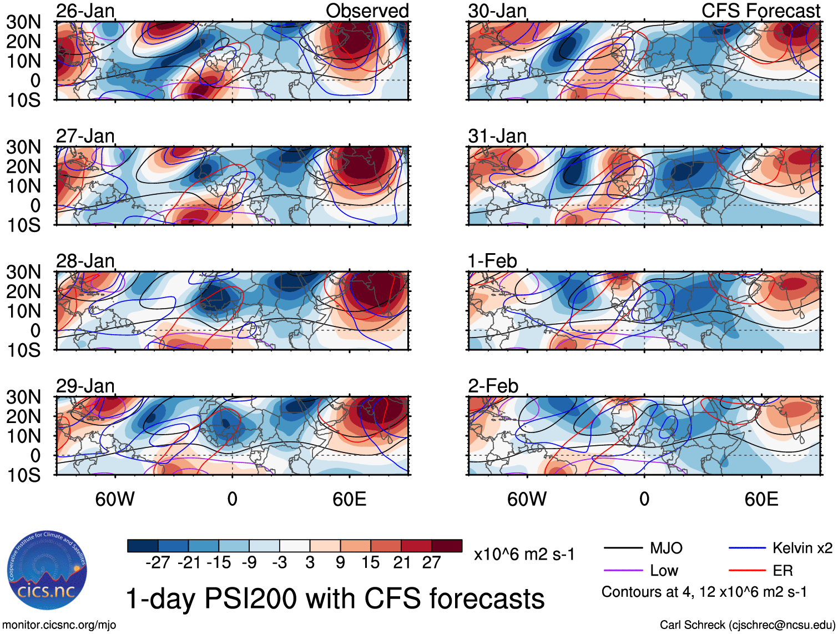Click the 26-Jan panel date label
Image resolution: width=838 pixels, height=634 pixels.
(85, 11)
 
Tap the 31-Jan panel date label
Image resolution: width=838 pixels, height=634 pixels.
(497, 136)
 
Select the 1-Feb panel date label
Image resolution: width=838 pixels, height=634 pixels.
(492, 261)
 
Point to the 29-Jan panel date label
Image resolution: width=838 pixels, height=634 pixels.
(85, 386)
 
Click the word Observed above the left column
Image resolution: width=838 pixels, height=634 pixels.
(367, 11)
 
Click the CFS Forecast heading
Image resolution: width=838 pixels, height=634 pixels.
(760, 11)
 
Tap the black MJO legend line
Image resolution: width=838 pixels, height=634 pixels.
(623, 549)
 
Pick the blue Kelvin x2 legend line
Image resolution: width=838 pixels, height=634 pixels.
(747, 549)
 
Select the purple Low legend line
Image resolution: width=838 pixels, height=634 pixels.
(623, 571)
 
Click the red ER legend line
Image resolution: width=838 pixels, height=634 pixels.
(747, 571)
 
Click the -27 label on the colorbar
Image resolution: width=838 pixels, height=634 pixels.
(158, 562)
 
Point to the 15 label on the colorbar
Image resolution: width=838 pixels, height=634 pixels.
(370, 562)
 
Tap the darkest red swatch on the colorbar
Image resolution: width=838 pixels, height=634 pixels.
(447, 546)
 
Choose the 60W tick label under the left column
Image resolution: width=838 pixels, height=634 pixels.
(115, 499)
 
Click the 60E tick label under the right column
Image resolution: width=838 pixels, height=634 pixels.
(761, 499)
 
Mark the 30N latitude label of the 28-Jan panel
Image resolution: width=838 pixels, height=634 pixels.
(24, 272)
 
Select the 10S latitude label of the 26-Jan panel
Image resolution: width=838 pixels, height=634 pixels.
(24, 100)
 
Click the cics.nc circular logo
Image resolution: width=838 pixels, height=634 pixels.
(47, 570)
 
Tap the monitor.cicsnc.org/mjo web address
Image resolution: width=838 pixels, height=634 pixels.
(59, 625)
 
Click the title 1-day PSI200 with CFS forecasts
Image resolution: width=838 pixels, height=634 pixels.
(335, 598)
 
